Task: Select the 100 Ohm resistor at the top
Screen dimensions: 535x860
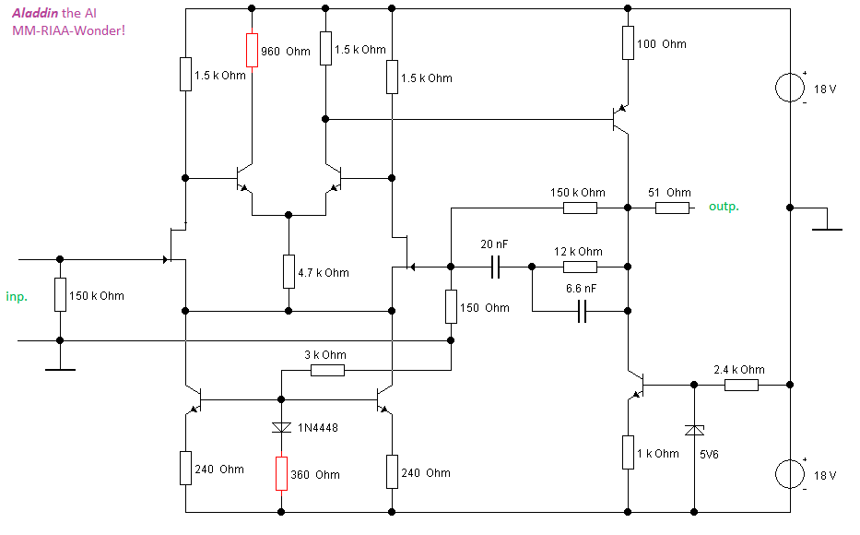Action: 628,42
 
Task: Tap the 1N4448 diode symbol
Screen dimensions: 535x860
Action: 280,427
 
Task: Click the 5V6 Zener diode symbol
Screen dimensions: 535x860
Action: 693,429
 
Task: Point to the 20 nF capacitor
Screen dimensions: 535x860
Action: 496,267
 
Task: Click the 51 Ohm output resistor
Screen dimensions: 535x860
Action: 672,208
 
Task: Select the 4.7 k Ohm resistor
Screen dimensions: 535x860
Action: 289,271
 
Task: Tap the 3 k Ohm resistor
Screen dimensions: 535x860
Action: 327,370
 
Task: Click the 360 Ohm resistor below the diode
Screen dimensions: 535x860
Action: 280,473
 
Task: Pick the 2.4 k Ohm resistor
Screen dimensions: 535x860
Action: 741,384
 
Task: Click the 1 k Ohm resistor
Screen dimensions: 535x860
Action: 628,452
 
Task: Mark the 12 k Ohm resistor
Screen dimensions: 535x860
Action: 580,267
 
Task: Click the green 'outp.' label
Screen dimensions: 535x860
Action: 724,207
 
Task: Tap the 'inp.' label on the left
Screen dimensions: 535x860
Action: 18,296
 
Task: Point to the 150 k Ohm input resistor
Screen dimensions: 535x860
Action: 60,295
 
